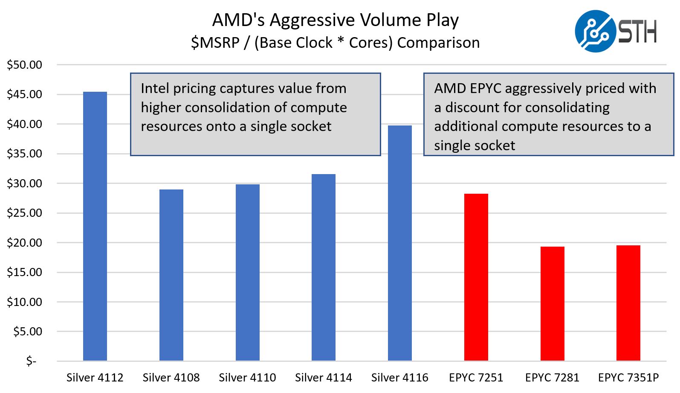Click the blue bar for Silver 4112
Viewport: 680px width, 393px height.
[x=95, y=226]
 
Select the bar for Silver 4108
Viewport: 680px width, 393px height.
[x=171, y=275]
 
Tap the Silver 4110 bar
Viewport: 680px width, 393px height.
[x=248, y=273]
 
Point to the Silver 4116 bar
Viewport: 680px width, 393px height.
[x=400, y=243]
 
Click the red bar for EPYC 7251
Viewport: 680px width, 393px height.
[x=476, y=277]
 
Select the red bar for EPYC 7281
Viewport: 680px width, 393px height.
[x=553, y=304]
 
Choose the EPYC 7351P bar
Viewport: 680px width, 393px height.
[x=628, y=303]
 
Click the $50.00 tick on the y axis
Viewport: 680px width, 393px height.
[x=25, y=65]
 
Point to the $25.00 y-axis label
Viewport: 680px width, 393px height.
[x=25, y=213]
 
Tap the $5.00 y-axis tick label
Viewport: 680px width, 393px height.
[x=28, y=332]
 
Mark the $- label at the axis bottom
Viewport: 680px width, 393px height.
[x=31, y=361]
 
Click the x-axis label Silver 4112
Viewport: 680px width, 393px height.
[x=95, y=378]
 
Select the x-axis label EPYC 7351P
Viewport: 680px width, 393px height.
[x=628, y=378]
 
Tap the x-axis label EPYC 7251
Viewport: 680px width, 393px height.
[x=476, y=378]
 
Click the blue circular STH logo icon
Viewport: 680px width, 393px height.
[x=596, y=31]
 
